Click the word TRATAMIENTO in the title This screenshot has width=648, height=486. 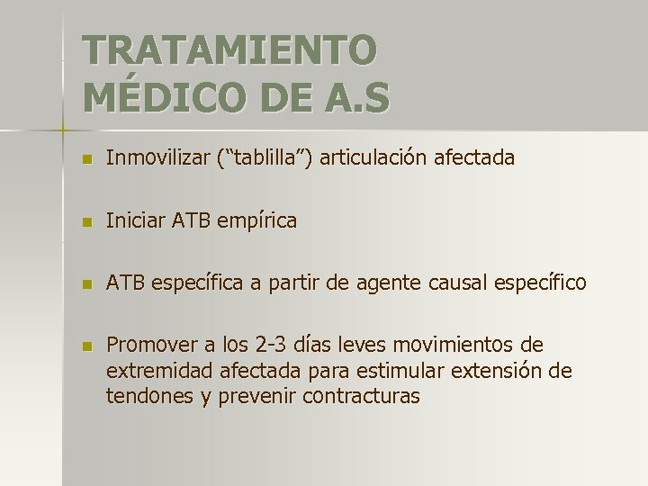click(x=229, y=50)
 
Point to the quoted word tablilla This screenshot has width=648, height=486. click(x=266, y=158)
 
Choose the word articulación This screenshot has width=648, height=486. click(x=373, y=158)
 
